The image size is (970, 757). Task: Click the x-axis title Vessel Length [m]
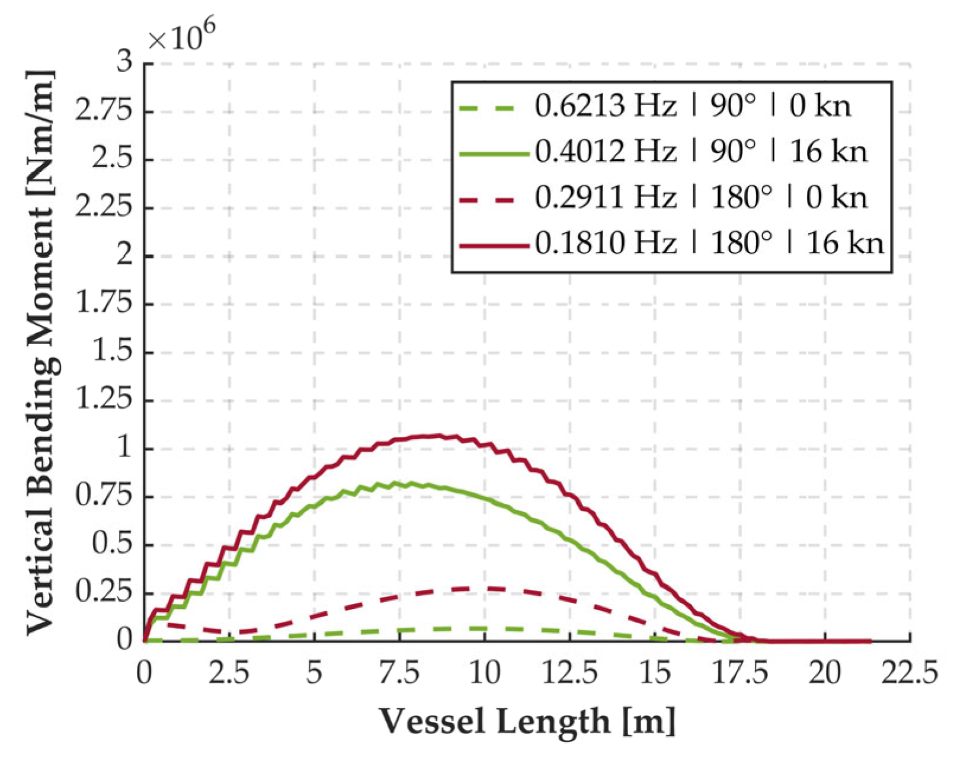(x=527, y=721)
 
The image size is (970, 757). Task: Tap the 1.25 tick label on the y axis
(x=104, y=400)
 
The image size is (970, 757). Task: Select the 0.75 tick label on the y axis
(x=104, y=496)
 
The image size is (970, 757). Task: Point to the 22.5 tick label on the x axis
(x=909, y=673)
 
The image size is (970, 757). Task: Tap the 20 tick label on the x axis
(x=824, y=673)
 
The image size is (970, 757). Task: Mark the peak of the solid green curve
(x=409, y=483)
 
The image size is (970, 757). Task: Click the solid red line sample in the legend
(x=494, y=244)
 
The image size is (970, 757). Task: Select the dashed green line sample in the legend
(x=494, y=107)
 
